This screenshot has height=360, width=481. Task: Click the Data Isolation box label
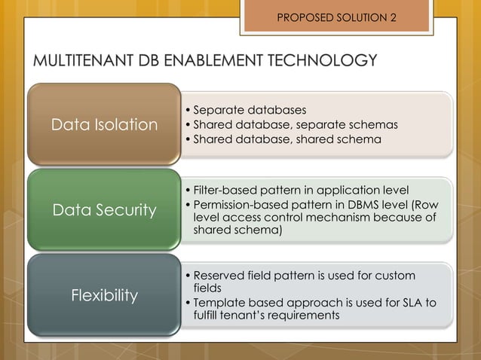point(104,125)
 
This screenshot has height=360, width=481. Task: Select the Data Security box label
point(104,210)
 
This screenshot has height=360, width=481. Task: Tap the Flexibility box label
point(104,295)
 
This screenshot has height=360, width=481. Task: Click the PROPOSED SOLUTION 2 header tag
point(336,17)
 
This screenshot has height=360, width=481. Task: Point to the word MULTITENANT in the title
point(83,60)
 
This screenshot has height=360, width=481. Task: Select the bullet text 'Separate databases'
point(245,111)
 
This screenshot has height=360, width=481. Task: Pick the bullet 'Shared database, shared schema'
point(287,139)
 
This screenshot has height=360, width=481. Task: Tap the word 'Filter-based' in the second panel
point(224,189)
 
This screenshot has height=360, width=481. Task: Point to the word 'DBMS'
point(357,205)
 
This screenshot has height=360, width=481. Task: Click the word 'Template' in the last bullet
point(219,302)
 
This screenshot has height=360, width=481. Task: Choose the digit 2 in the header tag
point(393,17)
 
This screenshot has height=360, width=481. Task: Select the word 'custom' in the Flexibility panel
point(396,275)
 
